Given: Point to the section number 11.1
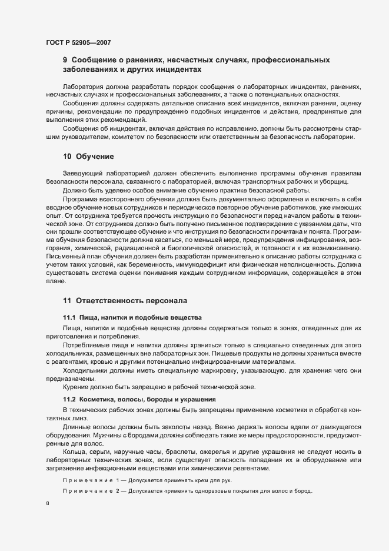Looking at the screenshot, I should click(x=69, y=317).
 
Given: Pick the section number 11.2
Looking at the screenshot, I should click(x=69, y=400).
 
